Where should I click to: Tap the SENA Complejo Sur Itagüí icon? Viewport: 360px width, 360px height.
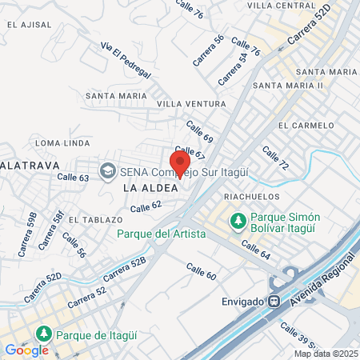tap(106, 170)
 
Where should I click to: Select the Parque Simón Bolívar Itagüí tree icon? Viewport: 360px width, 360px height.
tap(238, 219)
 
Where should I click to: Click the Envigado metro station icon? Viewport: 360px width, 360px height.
tap(274, 302)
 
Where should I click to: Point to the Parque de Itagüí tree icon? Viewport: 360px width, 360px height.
tap(46, 333)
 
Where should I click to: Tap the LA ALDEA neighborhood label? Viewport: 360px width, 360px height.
tap(144, 187)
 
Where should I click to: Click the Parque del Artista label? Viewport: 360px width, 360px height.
tap(161, 234)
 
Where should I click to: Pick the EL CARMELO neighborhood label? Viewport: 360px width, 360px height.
tap(306, 126)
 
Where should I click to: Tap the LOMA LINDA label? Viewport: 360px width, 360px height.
tap(63, 142)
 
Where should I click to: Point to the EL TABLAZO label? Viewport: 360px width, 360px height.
tap(94, 219)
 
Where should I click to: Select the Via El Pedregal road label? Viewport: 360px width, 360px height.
tap(126, 60)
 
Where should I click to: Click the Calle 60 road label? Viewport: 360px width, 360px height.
tap(201, 271)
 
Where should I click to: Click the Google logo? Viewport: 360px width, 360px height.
tap(26, 350)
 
